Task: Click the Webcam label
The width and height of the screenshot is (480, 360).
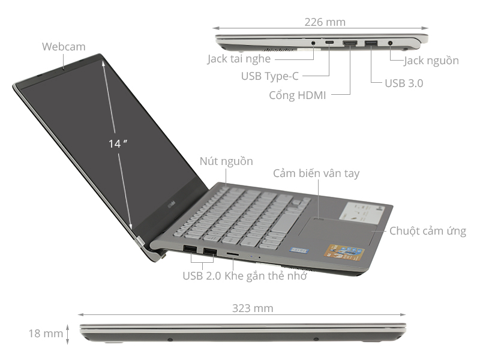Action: pos(64,46)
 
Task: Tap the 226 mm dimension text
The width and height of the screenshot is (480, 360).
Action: pos(325,22)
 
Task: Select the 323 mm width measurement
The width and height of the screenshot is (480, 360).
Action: pos(253,308)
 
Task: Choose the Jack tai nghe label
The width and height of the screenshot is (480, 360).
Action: pos(239,59)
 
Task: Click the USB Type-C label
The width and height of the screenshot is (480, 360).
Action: pos(269,76)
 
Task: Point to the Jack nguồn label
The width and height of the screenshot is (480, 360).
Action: pos(431,61)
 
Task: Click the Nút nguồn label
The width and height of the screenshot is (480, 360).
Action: pos(226,161)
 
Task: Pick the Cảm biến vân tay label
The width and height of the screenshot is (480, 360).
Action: pos(316,173)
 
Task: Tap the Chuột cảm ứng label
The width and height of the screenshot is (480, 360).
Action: pos(427,231)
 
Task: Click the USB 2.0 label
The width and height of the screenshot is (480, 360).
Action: pos(202,276)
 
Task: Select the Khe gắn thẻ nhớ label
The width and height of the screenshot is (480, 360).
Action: pos(266,276)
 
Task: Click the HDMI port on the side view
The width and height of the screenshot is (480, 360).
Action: pos(349,43)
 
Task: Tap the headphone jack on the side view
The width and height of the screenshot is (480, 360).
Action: pos(314,43)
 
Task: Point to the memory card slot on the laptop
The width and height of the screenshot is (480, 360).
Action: pos(232,254)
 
